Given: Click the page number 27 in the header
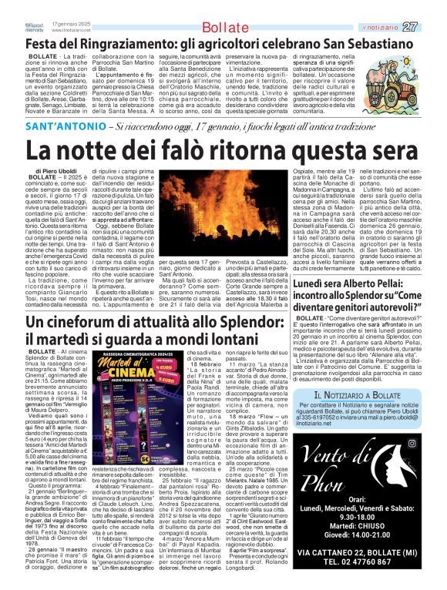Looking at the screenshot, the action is click(432, 28).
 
